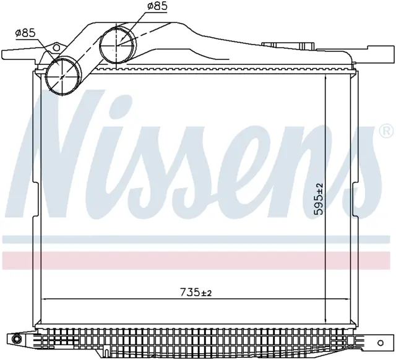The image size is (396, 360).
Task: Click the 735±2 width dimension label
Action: tap(196, 293)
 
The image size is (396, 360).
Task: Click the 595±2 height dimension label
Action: tap(319, 199)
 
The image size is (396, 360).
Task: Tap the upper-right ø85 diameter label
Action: tap(157, 6)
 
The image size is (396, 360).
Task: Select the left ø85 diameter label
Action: tap(25, 33)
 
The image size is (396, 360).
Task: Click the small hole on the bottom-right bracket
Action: tap(381, 343)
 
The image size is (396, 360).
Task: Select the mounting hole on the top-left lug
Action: tap(56, 48)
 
